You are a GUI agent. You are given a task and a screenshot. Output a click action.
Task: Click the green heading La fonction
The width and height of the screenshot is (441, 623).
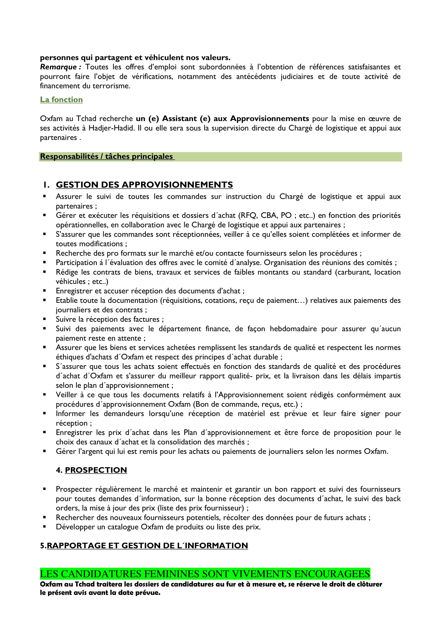click(x=61, y=100)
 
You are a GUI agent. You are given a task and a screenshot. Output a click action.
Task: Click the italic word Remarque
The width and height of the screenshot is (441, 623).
click(x=58, y=67)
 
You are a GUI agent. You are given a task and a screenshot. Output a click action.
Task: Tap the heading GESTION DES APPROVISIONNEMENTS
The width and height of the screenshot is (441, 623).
click(x=144, y=185)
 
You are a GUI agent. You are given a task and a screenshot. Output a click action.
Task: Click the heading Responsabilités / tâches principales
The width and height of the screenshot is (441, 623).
click(x=106, y=157)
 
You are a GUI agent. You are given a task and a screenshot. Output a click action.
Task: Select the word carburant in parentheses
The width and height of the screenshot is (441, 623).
click(x=354, y=272)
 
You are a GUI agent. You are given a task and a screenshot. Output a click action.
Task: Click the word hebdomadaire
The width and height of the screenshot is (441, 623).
click(x=293, y=329)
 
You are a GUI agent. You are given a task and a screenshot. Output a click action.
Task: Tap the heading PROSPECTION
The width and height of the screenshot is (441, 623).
click(x=96, y=470)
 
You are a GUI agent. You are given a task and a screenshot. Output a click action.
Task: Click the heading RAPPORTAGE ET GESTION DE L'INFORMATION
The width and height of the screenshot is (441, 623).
click(x=147, y=545)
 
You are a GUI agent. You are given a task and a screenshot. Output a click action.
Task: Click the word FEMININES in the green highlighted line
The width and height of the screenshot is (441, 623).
click(x=171, y=574)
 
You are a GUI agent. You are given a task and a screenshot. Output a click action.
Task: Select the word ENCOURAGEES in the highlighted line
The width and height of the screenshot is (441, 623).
click(x=332, y=574)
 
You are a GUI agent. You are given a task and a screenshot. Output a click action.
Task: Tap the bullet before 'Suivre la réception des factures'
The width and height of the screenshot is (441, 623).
click(x=45, y=319)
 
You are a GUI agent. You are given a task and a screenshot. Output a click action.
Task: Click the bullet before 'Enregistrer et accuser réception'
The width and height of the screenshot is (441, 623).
click(x=45, y=291)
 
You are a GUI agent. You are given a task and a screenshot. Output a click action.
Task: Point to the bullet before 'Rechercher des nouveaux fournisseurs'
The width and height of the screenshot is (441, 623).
click(x=45, y=518)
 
